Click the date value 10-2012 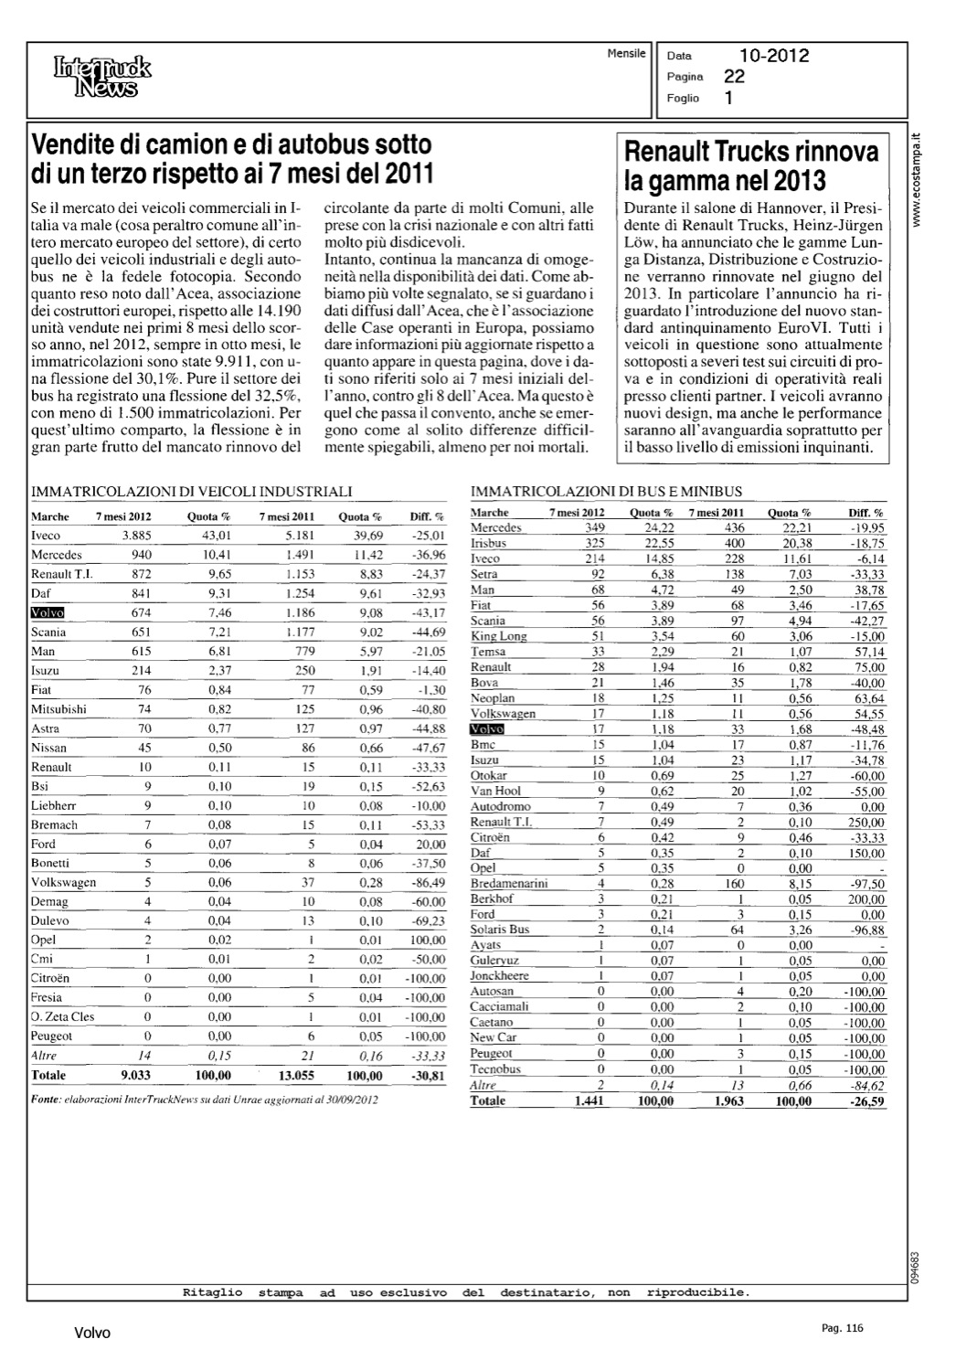774,57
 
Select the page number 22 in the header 734,78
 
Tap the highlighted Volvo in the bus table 487,729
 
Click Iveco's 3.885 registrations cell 136,536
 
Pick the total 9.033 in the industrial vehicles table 136,1076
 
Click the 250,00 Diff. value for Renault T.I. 865,823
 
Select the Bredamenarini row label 509,884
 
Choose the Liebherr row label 53,805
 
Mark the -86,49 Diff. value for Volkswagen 426,883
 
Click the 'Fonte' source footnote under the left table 204,1100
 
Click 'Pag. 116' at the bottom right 842,1328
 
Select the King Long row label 498,636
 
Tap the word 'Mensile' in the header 626,53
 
